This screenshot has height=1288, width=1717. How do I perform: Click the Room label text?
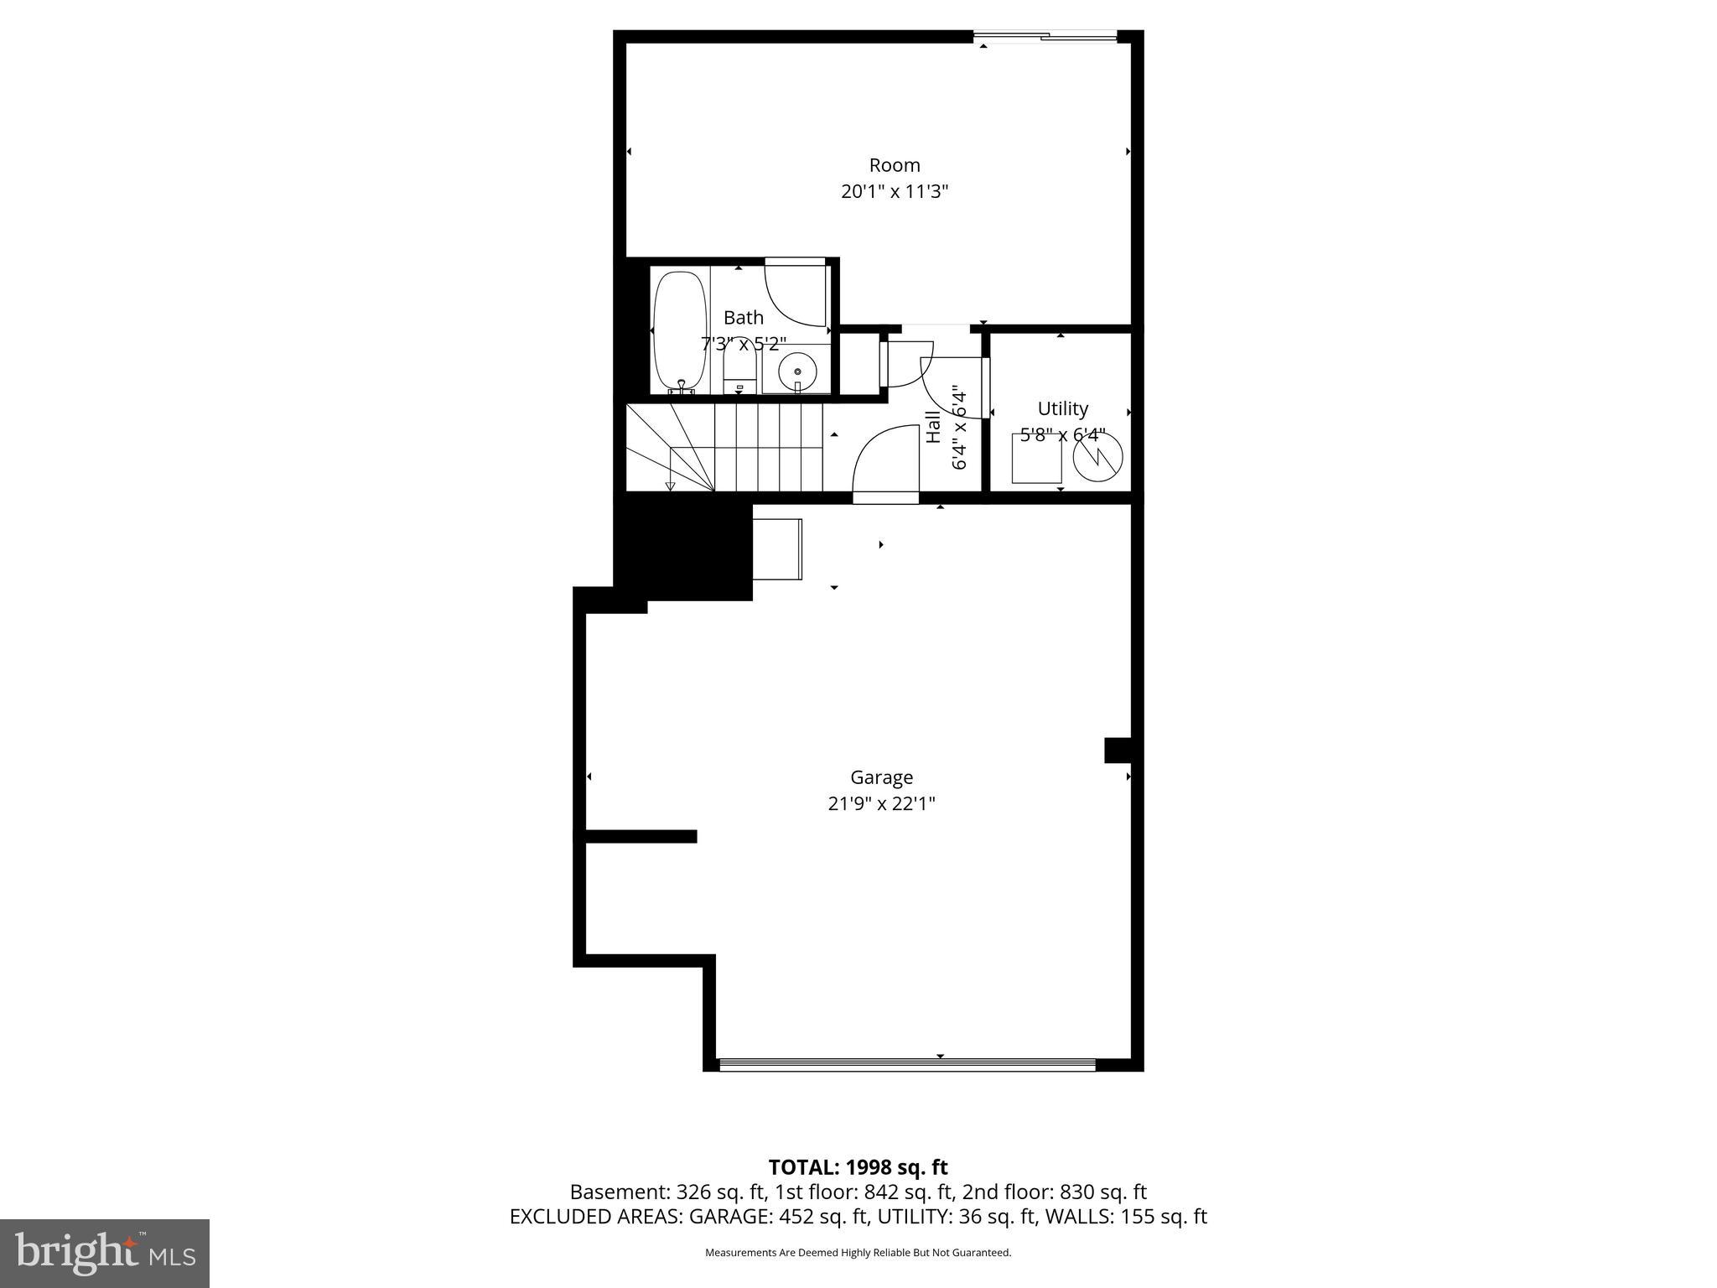[x=894, y=165]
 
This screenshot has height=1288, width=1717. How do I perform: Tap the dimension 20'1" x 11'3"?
[x=894, y=192]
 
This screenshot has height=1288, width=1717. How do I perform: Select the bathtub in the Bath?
[x=679, y=330]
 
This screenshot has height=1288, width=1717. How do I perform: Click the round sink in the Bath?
[x=796, y=370]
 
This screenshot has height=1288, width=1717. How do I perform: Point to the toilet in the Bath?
[x=739, y=373]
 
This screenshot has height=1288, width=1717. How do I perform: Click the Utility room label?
[x=1062, y=408]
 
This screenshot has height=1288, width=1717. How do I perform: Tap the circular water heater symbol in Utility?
[x=1097, y=458]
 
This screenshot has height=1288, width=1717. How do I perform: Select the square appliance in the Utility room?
[x=1036, y=460]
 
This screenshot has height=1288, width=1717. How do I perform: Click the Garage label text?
[x=881, y=777]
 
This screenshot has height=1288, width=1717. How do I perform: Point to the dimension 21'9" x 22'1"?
[x=881, y=803]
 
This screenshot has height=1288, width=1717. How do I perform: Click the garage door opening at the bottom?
[x=907, y=1065]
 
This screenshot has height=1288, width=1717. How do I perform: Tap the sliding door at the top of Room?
[x=1045, y=36]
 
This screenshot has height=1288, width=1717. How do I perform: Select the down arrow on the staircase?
[x=670, y=485]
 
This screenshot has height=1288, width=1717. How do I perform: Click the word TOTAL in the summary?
[x=803, y=1167]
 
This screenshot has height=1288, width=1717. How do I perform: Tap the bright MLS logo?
[x=105, y=1253]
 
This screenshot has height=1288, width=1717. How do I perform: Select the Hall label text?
[x=933, y=427]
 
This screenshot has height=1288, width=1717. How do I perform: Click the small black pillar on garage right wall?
[x=1118, y=750]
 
